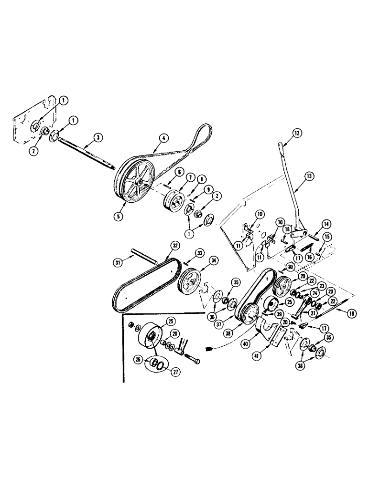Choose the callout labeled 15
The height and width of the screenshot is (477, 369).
click(x=326, y=236)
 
